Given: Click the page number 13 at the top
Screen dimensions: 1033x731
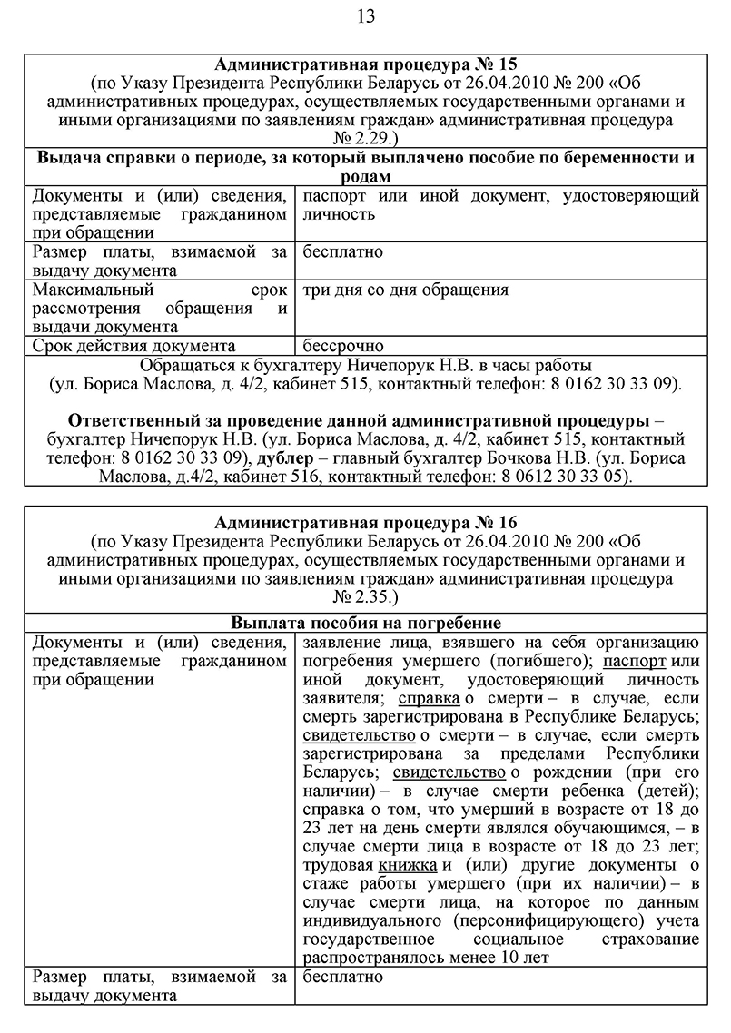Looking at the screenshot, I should [x=366, y=15].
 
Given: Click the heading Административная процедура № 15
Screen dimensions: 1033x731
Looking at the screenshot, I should [x=365, y=64].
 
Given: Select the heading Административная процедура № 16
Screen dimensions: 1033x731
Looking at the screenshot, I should [x=365, y=523].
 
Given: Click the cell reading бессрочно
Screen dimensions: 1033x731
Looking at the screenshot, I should [x=343, y=346].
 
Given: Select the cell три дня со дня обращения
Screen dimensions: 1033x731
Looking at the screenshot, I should [x=405, y=290].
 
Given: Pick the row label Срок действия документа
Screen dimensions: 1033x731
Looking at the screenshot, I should [x=133, y=346].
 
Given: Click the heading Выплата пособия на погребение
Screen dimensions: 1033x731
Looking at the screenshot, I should [x=365, y=624].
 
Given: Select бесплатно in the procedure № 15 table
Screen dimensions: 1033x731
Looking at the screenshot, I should [x=343, y=251].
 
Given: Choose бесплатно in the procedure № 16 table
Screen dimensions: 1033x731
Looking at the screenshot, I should [x=343, y=977].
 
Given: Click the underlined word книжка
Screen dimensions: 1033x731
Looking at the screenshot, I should [x=407, y=865].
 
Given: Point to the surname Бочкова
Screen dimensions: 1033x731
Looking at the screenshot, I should [x=576, y=458].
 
